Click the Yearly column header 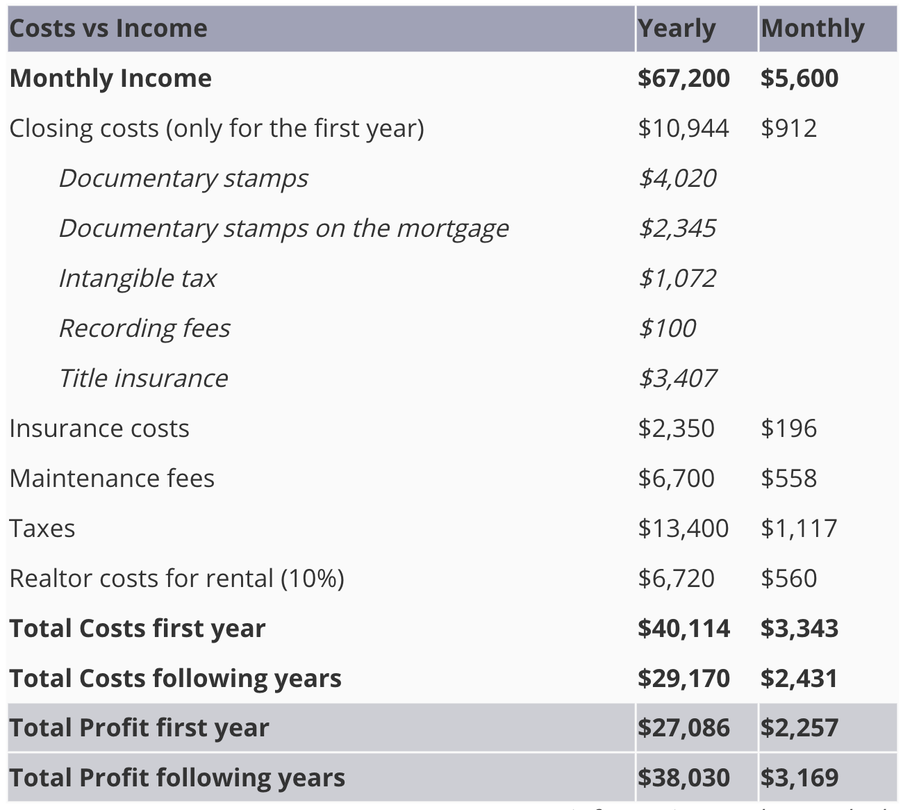coord(676,29)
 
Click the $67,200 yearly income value coord(684,78)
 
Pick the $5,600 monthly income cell coord(800,78)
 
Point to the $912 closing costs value coord(788,129)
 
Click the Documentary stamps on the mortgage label coord(284,229)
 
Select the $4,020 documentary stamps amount coord(677,179)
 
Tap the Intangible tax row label coord(138,279)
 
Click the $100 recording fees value coord(668,329)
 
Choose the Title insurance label coord(144,379)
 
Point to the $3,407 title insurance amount coord(677,379)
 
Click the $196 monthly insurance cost coord(788,429)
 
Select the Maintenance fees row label coord(112,479)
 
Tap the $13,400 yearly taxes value coord(684,529)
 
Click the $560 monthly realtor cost coord(788,579)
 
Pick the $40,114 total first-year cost coord(684,629)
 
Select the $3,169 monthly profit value coord(800,778)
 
